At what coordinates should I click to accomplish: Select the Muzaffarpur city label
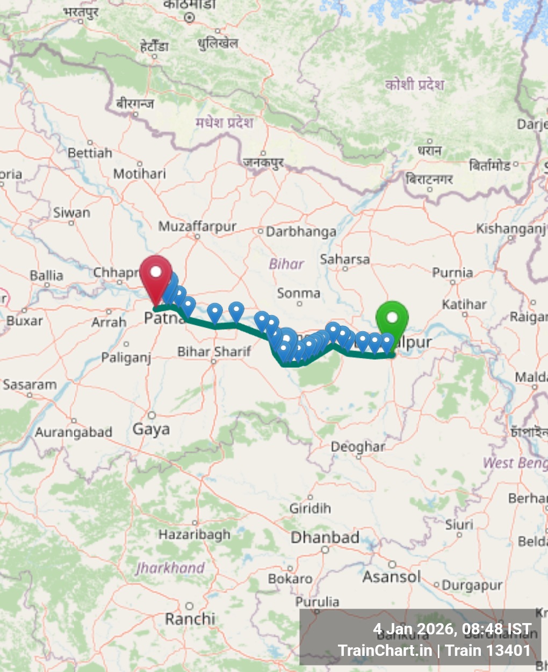click(x=197, y=227)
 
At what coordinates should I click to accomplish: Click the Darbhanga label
click(x=301, y=232)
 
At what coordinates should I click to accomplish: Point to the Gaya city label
click(x=152, y=429)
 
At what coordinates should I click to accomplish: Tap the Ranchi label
click(x=190, y=619)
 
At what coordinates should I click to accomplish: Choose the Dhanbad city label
click(x=325, y=537)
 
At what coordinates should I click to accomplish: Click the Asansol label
click(x=392, y=577)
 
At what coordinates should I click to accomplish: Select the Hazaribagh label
click(x=194, y=534)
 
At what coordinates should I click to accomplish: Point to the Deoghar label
click(x=358, y=446)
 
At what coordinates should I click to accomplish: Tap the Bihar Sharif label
click(x=214, y=352)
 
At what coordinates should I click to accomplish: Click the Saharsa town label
click(x=345, y=259)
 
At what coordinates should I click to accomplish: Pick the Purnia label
click(x=452, y=273)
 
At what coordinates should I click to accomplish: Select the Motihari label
click(x=140, y=174)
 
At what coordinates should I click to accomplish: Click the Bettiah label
click(x=90, y=153)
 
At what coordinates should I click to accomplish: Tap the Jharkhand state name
click(x=170, y=568)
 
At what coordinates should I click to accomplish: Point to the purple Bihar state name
click(x=286, y=264)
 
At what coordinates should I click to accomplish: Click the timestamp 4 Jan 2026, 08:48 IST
click(x=452, y=629)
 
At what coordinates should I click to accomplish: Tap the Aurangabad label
click(x=74, y=432)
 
